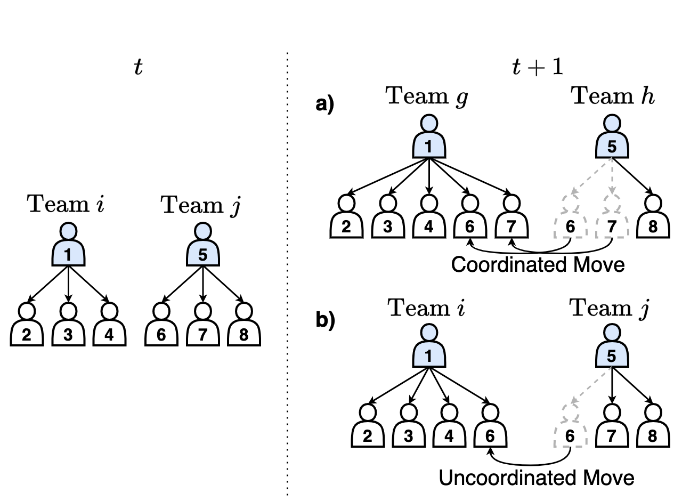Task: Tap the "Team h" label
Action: pyautogui.click(x=612, y=96)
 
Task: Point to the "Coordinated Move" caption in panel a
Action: pyautogui.click(x=538, y=264)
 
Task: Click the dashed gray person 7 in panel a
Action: pyautogui.click(x=612, y=220)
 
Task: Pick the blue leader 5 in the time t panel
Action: pyautogui.click(x=202, y=247)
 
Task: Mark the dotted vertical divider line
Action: pyautogui.click(x=288, y=266)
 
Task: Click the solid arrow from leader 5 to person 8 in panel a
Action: pyautogui.click(x=635, y=178)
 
